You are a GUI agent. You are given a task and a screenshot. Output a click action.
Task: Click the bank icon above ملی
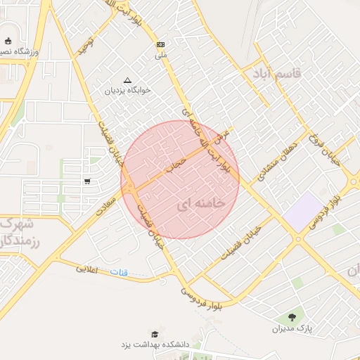(x=161, y=44)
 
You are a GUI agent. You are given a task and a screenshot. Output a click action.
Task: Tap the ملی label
(x=161, y=54)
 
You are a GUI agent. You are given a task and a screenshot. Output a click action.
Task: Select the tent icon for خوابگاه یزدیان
(x=127, y=80)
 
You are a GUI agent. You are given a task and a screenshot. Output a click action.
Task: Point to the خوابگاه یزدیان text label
(x=128, y=91)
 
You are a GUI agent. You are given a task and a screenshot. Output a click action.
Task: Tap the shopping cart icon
(x=87, y=181)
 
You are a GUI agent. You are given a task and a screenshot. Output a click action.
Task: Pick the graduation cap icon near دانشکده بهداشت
(x=154, y=333)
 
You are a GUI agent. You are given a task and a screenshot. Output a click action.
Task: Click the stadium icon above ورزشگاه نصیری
(x=8, y=41)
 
